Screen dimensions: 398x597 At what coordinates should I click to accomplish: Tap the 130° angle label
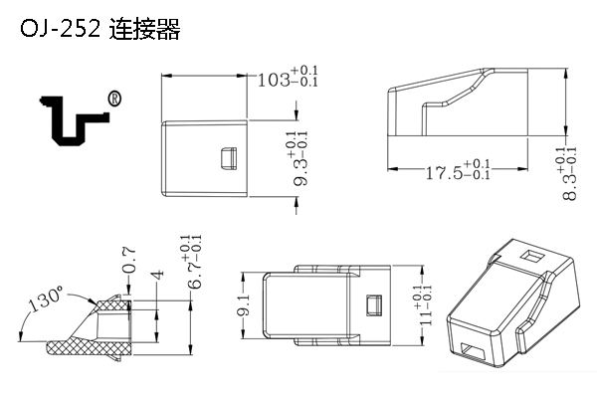pos(45,299)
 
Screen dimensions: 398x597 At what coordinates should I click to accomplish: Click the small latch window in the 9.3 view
pos(226,157)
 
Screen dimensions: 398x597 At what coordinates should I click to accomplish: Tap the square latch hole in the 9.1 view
pos(374,303)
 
